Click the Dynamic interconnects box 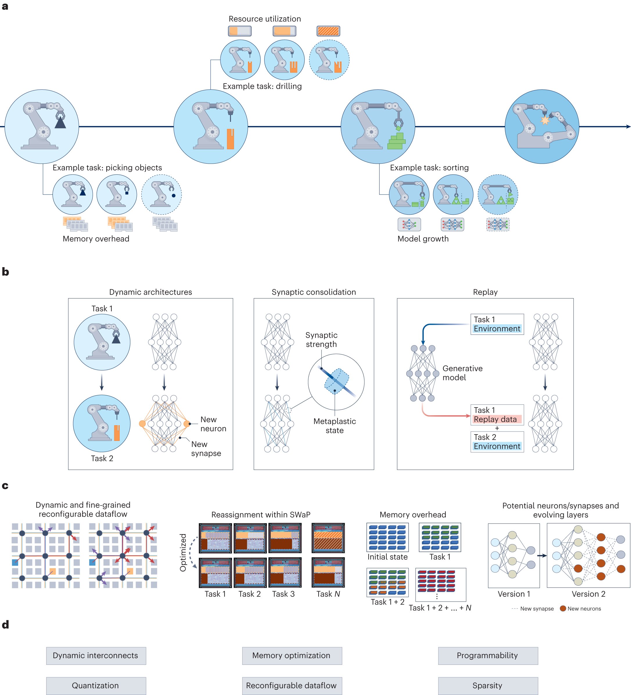[96, 655]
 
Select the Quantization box [96, 685]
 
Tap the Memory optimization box [292, 655]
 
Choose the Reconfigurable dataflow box [292, 685]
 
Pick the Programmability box [488, 655]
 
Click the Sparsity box [488, 685]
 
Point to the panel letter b [5, 272]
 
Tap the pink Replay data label [496, 419]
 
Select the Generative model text [462, 373]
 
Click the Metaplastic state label [335, 426]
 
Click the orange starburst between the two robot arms [545, 120]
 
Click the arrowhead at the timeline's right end [628, 126]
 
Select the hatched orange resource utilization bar [328, 31]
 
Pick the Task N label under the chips [328, 594]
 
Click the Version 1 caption [514, 594]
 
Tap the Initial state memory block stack [387, 537]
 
